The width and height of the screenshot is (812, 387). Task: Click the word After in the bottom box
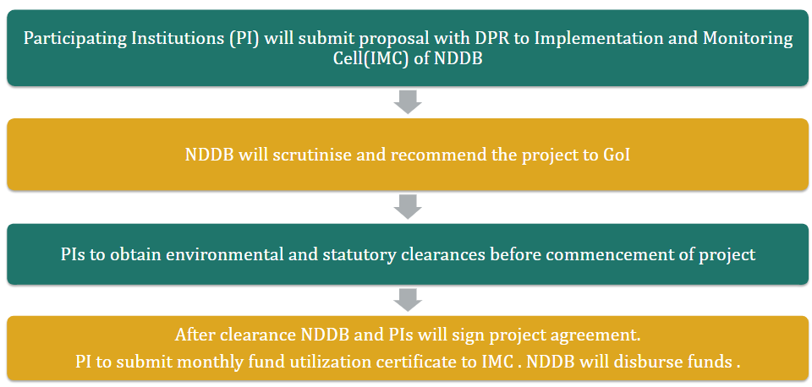pyautogui.click(x=195, y=335)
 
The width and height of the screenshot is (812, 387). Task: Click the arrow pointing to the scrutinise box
pyautogui.click(x=408, y=102)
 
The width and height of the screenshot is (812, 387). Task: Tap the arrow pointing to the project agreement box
pyautogui.click(x=408, y=300)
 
